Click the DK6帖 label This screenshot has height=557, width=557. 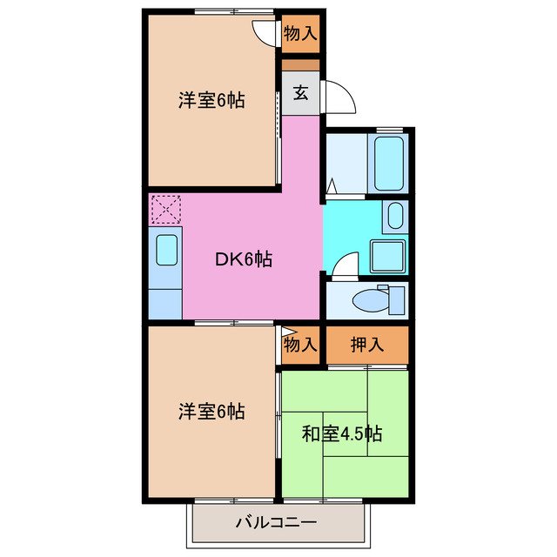[x=245, y=258]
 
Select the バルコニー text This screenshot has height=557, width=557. [x=275, y=523]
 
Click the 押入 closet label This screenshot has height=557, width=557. [x=366, y=344]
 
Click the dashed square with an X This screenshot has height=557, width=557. [x=165, y=210]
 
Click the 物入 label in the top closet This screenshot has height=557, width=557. [x=299, y=35]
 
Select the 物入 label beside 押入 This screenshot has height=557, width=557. [x=299, y=345]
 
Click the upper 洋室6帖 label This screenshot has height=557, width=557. [x=211, y=100]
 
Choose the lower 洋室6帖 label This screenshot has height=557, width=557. [x=211, y=411]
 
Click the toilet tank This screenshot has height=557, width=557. [x=398, y=299]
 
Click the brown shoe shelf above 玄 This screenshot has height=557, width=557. [x=299, y=64]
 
